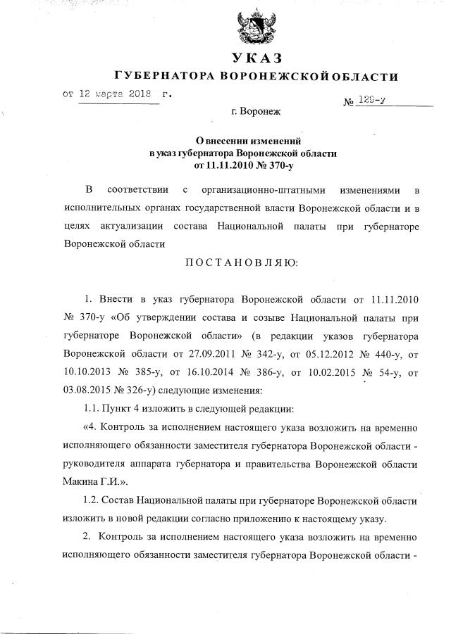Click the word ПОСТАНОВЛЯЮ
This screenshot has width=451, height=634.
(241, 263)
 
